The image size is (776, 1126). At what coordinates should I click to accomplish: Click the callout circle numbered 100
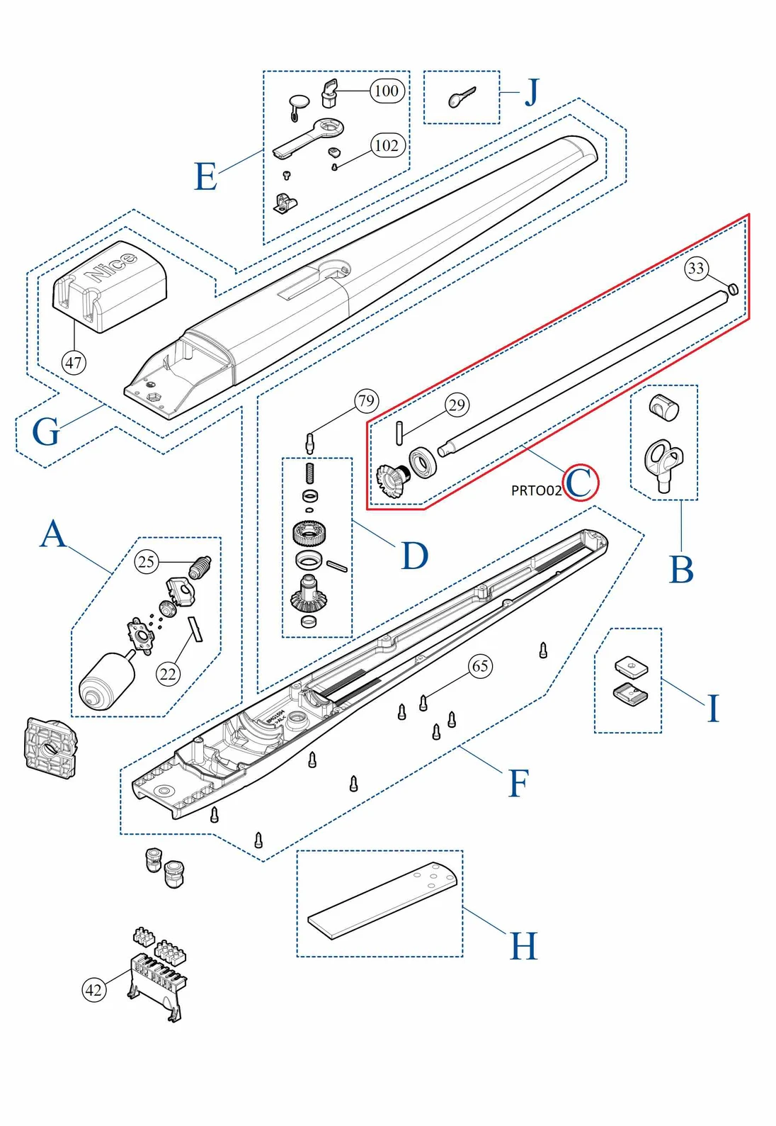click(386, 91)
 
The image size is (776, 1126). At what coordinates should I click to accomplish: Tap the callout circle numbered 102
click(387, 145)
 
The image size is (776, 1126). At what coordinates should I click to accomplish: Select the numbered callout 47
click(74, 363)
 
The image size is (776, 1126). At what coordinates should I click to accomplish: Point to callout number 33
click(696, 268)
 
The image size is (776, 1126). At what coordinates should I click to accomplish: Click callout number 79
click(366, 401)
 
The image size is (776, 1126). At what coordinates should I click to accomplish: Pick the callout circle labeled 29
click(457, 405)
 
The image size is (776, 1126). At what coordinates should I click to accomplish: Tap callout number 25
click(146, 562)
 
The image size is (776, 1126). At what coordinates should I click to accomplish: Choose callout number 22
click(168, 673)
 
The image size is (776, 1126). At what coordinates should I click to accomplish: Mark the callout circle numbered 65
click(480, 666)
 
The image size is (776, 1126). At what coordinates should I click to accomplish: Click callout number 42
click(93, 990)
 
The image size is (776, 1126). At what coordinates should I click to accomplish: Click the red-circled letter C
click(581, 483)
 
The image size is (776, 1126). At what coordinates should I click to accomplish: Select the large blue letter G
click(46, 432)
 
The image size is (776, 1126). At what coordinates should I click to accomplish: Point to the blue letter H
click(524, 947)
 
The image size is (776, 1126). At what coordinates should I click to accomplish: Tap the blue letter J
click(531, 93)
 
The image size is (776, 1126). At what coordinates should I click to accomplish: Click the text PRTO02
click(536, 490)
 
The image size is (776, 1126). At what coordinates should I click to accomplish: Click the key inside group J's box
click(462, 98)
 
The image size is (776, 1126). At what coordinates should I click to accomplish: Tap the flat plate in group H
click(382, 900)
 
